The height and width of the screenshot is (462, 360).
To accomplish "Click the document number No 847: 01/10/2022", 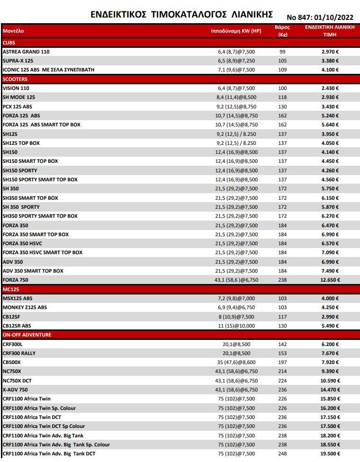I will pos(320,17).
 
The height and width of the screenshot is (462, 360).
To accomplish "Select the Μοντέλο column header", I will pos(13,31).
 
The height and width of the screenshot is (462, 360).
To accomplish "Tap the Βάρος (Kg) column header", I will pos(282,31).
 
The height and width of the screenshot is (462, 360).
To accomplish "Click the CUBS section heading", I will pos(9,43).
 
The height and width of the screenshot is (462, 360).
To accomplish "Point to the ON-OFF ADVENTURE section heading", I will pos(27,335).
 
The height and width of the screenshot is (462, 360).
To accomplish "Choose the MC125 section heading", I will pos(10,289).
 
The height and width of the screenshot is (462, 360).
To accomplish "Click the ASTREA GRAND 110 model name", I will pos(26,52).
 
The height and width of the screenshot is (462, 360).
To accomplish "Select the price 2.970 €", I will pos(330,52).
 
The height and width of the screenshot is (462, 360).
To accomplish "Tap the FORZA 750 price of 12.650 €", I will pos(330,280).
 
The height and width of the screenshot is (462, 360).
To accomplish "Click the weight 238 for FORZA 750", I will pos(282,280).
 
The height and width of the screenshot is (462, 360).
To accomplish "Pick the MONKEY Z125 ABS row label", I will pos(25,307).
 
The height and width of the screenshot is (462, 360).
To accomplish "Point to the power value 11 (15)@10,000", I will pos(236,326).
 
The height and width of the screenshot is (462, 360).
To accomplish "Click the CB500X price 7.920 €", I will pos(330,362).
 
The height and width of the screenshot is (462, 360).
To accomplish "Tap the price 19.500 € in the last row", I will pos(330,453).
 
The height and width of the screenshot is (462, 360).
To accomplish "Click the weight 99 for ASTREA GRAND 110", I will pos(282,52).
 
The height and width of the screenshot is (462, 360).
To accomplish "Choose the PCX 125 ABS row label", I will pos(18,107).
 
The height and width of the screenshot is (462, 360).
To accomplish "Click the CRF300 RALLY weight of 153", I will pos(282,353).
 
